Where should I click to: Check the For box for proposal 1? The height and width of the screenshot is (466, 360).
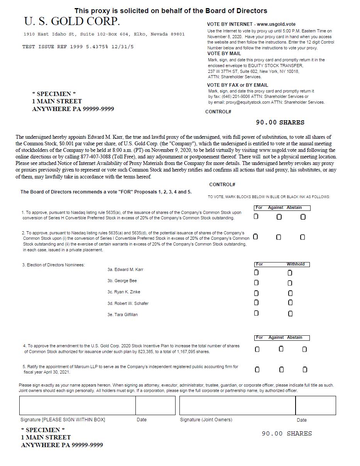click(x=256, y=217)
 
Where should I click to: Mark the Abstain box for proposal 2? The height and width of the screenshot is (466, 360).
click(x=303, y=237)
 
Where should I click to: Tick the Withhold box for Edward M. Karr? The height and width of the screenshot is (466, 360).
click(x=290, y=273)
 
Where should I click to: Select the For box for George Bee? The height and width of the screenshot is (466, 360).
click(x=256, y=283)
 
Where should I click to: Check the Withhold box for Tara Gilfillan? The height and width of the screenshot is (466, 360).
click(x=290, y=314)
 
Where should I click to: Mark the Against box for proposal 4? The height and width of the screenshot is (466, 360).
click(x=281, y=349)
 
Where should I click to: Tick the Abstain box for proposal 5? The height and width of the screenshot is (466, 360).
click(x=305, y=370)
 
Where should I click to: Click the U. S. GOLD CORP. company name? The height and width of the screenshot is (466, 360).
click(x=72, y=21)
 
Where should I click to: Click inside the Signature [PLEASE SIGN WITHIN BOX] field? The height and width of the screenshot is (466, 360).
click(x=77, y=405)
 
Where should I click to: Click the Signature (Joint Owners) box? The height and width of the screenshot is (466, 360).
click(x=237, y=405)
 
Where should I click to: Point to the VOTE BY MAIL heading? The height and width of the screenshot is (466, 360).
click(x=224, y=54)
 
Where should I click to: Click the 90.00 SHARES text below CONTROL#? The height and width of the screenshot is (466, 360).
click(x=280, y=123)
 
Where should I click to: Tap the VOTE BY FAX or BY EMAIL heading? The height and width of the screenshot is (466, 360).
click(x=237, y=85)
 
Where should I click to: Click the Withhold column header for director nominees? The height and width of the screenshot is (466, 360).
click(x=295, y=264)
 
